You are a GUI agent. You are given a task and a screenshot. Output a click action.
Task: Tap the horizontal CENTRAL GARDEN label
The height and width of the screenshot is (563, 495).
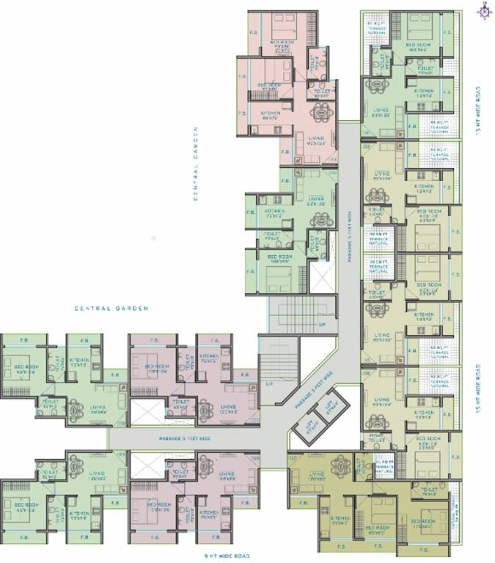point(111,309)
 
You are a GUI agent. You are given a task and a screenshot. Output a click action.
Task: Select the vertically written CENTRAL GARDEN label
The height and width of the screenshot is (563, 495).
point(197,163)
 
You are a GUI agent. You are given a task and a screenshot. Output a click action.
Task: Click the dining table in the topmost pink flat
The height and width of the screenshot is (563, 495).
point(320,114)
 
